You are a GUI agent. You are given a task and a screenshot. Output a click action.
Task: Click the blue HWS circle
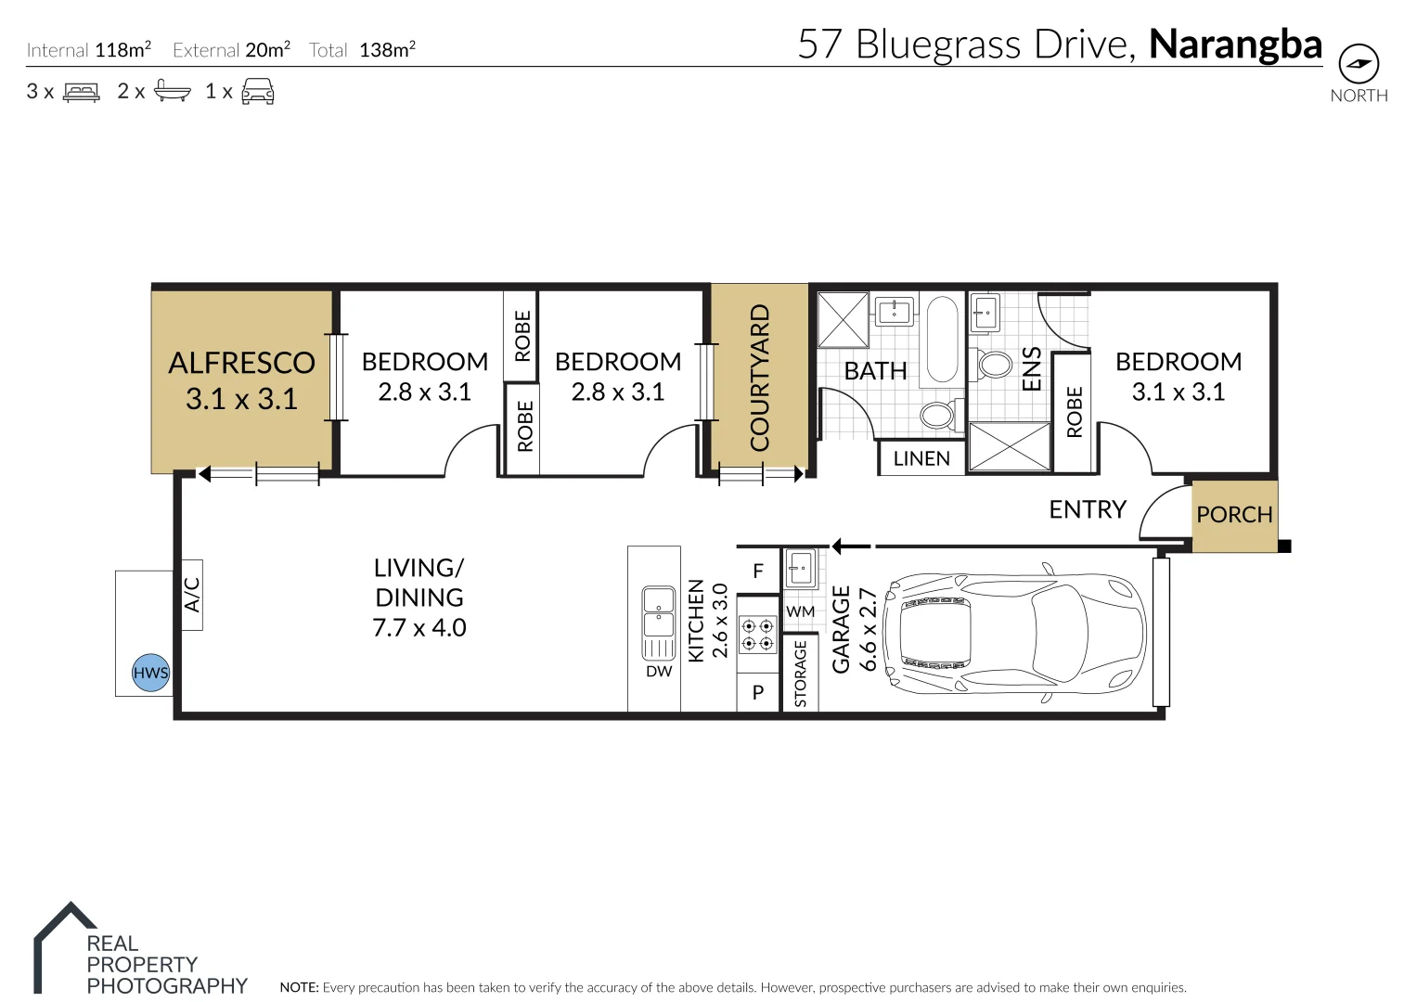(x=150, y=673)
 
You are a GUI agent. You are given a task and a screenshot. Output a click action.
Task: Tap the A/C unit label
(x=191, y=596)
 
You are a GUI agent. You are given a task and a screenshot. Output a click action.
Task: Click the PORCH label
(x=1234, y=515)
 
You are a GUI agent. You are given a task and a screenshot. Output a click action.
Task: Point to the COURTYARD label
(x=760, y=379)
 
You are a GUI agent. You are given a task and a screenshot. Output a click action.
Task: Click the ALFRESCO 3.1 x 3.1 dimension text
(x=241, y=399)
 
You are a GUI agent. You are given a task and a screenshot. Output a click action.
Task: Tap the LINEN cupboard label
(x=921, y=458)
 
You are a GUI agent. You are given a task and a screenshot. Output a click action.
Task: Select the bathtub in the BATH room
(x=944, y=340)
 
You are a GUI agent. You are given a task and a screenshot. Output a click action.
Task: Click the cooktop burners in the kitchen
(x=757, y=635)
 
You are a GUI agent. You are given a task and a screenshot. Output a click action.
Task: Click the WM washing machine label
(x=800, y=611)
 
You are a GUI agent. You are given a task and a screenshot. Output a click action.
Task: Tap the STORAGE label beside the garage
(x=801, y=673)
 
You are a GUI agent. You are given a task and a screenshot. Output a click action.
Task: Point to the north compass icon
(x=1359, y=65)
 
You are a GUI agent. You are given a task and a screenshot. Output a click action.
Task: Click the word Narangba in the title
(x=1235, y=45)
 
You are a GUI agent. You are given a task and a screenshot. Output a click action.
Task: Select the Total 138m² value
(x=387, y=50)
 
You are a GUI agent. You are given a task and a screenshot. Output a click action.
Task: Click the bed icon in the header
(x=81, y=92)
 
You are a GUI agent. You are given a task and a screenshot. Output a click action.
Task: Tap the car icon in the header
(x=258, y=92)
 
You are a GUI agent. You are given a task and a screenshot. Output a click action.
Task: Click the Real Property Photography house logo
(x=65, y=946)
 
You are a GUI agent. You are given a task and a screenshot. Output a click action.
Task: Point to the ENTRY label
(x=1088, y=509)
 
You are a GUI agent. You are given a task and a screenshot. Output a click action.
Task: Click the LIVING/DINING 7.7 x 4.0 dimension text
(x=419, y=628)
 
